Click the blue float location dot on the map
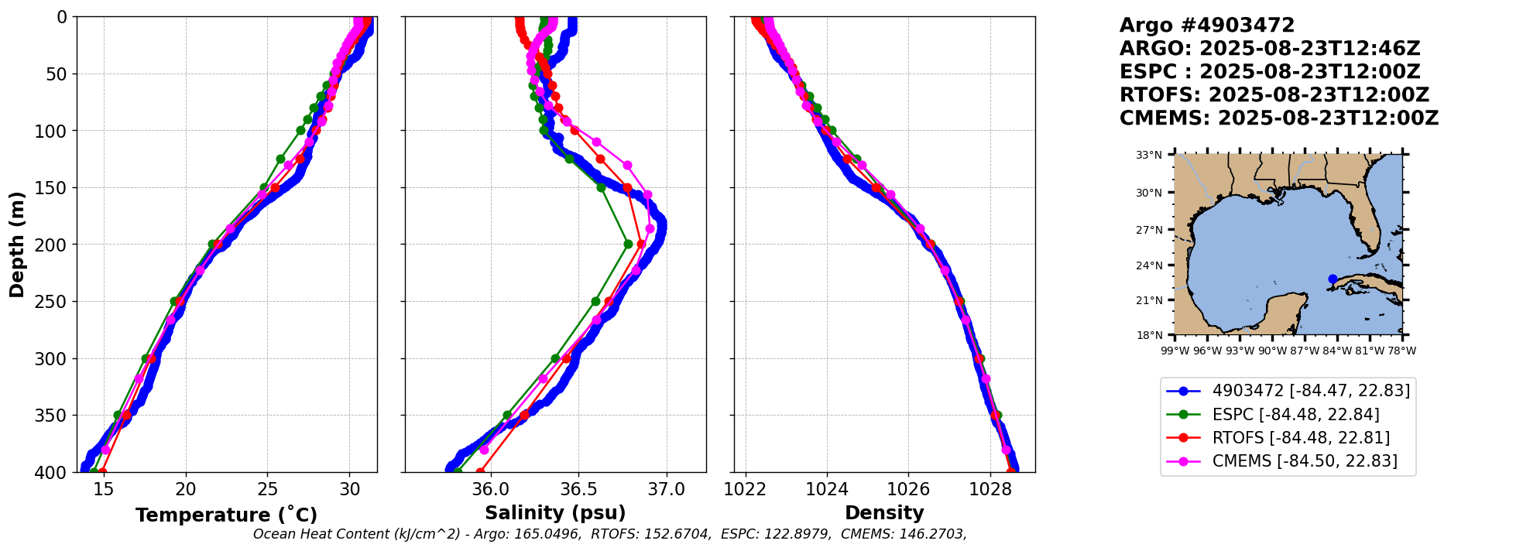(x=1333, y=279)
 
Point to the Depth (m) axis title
(x=17, y=245)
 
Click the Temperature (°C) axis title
(x=226, y=515)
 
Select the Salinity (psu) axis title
(x=555, y=513)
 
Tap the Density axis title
(x=884, y=513)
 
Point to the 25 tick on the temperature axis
(x=267, y=489)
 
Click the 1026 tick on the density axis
(x=908, y=489)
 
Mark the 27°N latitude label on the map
(x=1149, y=230)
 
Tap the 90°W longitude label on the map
(x=1271, y=351)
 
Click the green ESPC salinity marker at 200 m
(x=628, y=245)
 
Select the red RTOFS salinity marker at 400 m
(x=480, y=471)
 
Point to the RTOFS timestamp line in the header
(x=1274, y=95)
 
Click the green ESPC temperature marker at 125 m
(x=280, y=159)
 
